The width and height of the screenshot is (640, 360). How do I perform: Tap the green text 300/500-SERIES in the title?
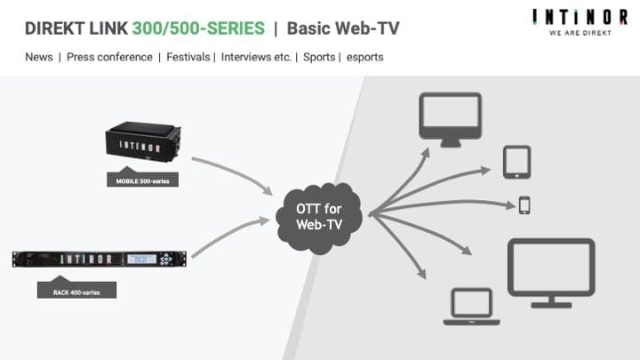point(198,28)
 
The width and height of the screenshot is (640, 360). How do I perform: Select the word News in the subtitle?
point(40,58)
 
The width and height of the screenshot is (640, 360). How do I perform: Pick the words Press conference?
point(110,58)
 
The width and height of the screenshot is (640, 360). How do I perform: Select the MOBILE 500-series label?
point(142,180)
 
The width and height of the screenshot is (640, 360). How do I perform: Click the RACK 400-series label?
point(76,290)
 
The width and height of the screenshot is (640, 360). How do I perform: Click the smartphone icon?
point(524,205)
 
